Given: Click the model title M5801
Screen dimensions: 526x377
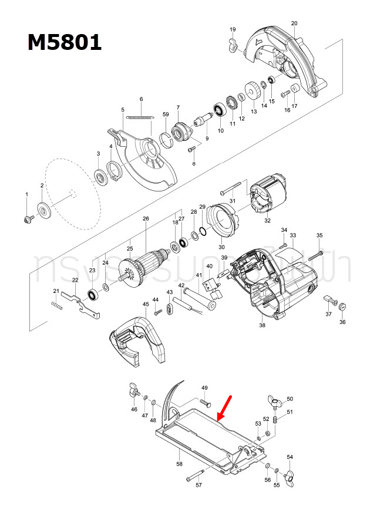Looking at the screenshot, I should pyautogui.click(x=64, y=42).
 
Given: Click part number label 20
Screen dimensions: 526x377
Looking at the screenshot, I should pyautogui.click(x=294, y=23).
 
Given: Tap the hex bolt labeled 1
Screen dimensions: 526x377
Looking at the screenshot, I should pyautogui.click(x=27, y=218).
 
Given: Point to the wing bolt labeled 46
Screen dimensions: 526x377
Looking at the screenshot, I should pyautogui.click(x=133, y=390).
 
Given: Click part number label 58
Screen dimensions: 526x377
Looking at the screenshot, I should pyautogui.click(x=179, y=463).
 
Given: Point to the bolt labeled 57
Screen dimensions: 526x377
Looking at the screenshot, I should pyautogui.click(x=195, y=476).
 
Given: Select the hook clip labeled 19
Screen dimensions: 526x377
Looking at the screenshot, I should pyautogui.click(x=232, y=43).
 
